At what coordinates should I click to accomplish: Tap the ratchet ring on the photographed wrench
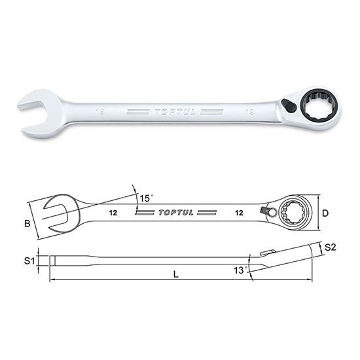(x=319, y=105)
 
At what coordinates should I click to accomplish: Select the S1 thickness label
(x=27, y=261)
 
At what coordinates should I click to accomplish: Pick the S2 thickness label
(x=331, y=248)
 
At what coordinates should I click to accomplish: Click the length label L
(x=176, y=275)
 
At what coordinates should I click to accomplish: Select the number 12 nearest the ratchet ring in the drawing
(x=240, y=213)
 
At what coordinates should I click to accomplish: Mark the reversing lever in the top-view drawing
(x=268, y=211)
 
